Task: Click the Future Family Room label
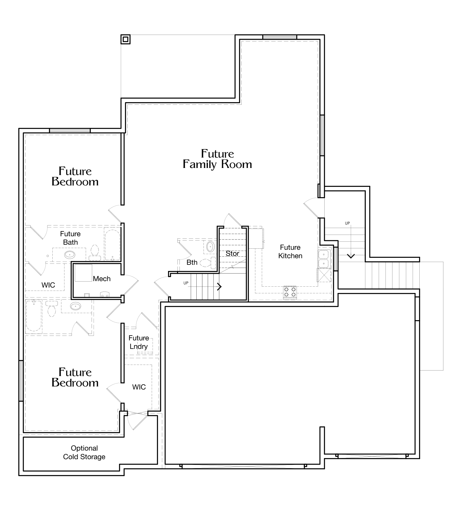click(x=217, y=159)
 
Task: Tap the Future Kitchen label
click(x=290, y=251)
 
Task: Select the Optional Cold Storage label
click(x=84, y=452)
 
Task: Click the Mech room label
click(x=102, y=279)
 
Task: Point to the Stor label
click(x=232, y=253)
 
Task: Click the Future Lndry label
click(x=139, y=342)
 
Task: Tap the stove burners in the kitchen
click(x=290, y=292)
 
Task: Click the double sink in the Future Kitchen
click(x=324, y=258)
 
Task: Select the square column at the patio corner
click(x=125, y=39)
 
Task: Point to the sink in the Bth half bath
click(x=210, y=246)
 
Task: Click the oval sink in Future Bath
click(x=69, y=254)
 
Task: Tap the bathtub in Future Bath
click(x=112, y=245)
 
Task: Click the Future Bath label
click(x=70, y=238)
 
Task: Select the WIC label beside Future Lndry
click(x=139, y=387)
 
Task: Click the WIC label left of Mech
click(x=48, y=285)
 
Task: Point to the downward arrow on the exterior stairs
click(x=351, y=255)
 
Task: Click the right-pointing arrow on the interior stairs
click(x=219, y=287)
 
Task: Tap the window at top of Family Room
click(x=280, y=37)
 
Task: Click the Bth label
click(x=192, y=262)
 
